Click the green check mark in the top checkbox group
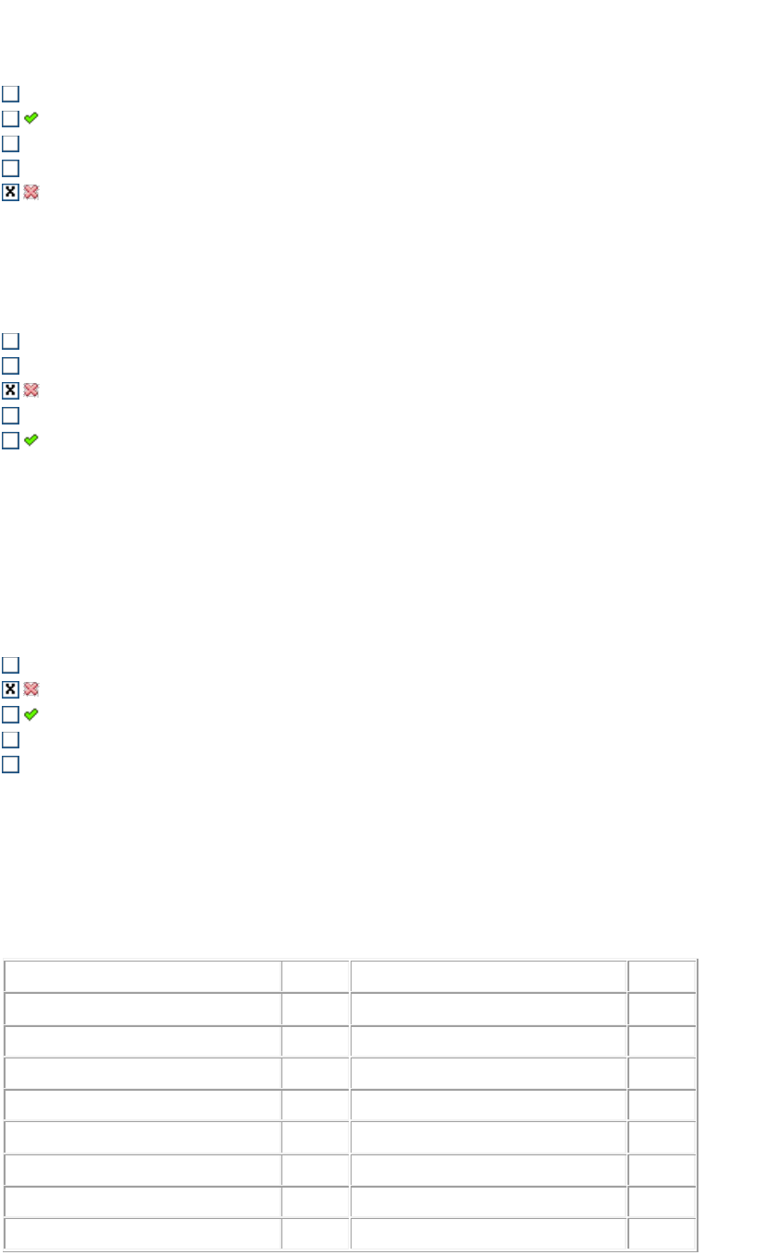pos(31,118)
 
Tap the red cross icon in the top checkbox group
pos(31,193)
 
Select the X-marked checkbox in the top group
pos(10,193)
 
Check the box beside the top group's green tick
pos(10,118)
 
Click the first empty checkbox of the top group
pos(10,93)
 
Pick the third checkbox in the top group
pos(10,143)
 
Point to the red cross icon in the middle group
pos(31,390)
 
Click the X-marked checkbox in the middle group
pos(10,390)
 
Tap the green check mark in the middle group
pos(31,440)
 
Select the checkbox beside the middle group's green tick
pos(10,440)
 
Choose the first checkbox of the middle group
pos(10,341)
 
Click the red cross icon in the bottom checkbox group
pos(31,689)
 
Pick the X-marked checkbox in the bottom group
pos(10,689)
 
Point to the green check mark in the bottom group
pos(31,714)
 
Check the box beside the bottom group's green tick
pos(10,714)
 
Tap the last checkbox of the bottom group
pos(10,764)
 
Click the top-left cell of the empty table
pos(143,975)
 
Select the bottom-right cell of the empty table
pos(662,1234)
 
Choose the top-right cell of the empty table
pos(662,975)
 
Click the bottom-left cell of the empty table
pos(143,1234)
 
